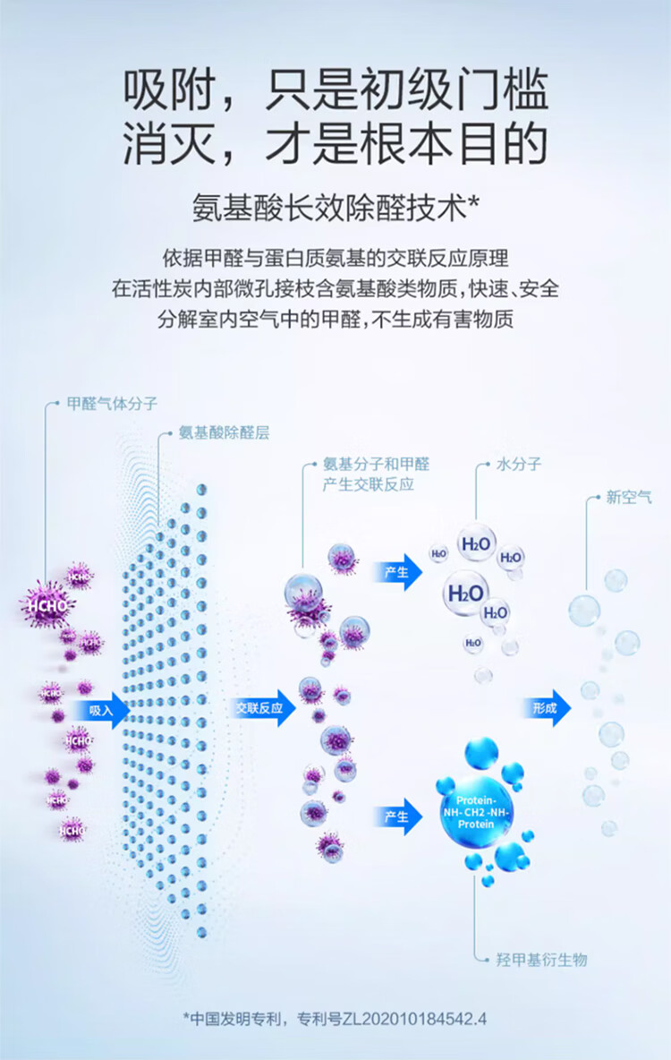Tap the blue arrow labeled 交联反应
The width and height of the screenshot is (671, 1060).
(x=260, y=709)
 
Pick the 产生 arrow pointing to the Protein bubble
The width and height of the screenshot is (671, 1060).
(x=398, y=816)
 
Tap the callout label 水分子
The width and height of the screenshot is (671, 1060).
(x=519, y=466)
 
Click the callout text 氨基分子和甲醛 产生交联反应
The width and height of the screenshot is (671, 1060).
(x=376, y=474)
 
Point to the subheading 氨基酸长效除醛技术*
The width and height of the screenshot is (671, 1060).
(x=335, y=209)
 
